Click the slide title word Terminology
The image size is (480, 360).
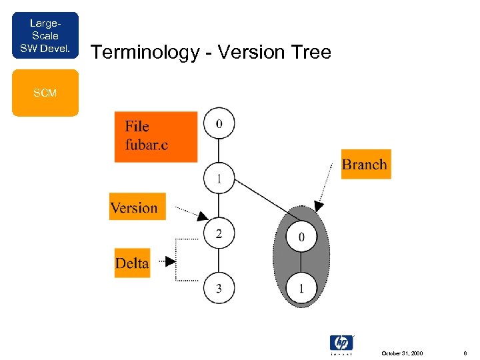tap(141, 52)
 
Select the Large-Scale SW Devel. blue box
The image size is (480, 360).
tap(45, 35)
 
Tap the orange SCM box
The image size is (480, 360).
tap(45, 94)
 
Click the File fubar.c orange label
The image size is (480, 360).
tap(156, 137)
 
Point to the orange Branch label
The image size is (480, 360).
tap(365, 165)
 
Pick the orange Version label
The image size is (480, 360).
tap(137, 207)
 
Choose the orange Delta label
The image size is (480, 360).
tap(132, 263)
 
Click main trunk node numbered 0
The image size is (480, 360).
tap(219, 123)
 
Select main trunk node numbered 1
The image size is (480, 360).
tap(219, 179)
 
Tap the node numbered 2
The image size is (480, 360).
tap(219, 233)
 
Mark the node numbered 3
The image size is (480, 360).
tap(219, 288)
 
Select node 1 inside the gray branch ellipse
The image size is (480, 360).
tap(301, 288)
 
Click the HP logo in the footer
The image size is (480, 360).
tap(341, 343)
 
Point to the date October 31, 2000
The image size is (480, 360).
tap(401, 353)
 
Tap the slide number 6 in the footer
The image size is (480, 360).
tap(465, 353)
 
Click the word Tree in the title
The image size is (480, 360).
tap(310, 52)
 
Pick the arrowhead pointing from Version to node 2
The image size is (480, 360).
tap(203, 216)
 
